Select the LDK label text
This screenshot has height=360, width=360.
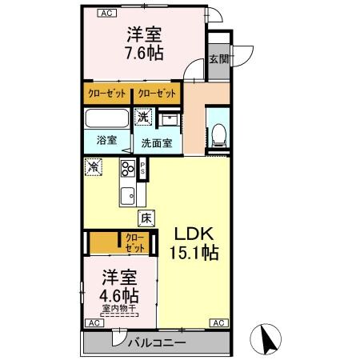click(194, 234)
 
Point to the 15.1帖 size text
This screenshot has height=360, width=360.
click(194, 253)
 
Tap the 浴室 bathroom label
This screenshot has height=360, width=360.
click(106, 139)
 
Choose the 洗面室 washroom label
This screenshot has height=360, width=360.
click(158, 144)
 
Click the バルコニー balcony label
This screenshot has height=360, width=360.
click(158, 342)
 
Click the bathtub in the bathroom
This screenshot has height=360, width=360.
click(106, 121)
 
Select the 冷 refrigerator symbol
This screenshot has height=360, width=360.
click(94, 167)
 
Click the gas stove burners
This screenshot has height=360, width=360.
click(128, 169)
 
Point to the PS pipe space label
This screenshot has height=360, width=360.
click(143, 169)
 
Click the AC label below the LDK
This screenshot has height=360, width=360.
click(218, 322)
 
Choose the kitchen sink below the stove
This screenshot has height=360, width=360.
click(128, 195)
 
